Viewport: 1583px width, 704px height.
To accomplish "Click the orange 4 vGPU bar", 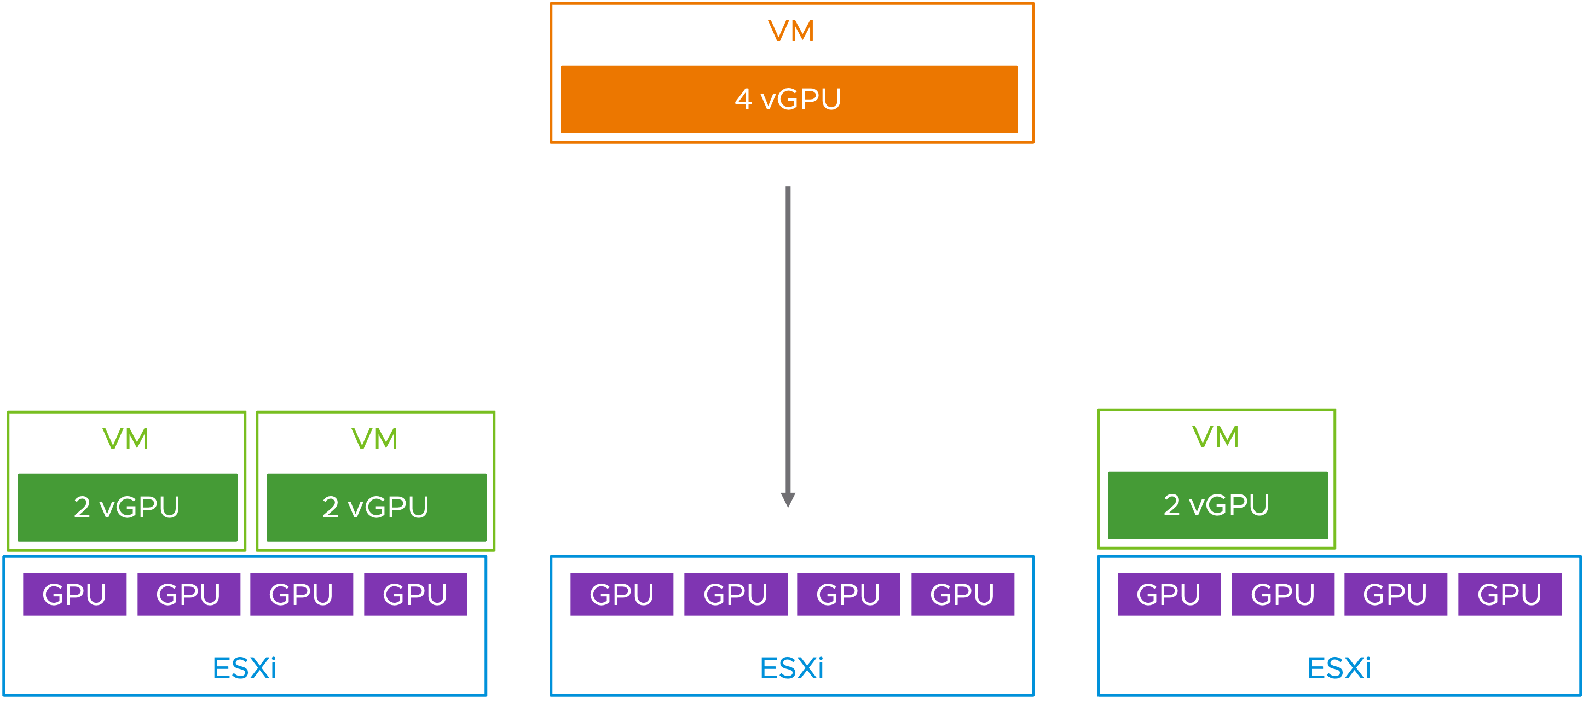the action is point(789,100).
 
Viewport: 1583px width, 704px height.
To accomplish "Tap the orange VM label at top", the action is point(792,31).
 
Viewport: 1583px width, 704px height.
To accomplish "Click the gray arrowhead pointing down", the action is point(788,499).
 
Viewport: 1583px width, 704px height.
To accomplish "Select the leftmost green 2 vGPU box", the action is point(127,508).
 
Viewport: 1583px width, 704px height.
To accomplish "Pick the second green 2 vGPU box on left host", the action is point(376,508).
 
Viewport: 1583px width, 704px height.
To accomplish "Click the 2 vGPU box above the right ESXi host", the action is point(1217,505).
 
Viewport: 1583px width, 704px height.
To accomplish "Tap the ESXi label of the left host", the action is point(245,668).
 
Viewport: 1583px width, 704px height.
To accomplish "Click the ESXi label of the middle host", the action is point(792,668).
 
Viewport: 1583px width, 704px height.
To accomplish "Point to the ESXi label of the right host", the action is point(1339,668).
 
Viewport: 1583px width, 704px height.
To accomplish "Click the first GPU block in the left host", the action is point(75,595).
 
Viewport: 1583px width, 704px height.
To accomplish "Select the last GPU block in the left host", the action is point(415,595).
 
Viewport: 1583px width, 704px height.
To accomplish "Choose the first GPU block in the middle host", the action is point(622,595).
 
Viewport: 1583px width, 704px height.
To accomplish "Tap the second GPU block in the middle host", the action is point(736,595).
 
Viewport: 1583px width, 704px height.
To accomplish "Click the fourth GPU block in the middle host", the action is point(963,595).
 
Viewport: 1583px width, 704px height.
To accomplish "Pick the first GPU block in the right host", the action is point(1169,595).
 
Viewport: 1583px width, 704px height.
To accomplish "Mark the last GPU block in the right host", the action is point(1510,595).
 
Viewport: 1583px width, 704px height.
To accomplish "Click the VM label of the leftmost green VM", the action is point(126,439).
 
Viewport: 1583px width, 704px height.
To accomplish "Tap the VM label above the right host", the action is point(1216,437).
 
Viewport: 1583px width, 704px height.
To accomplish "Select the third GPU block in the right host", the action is point(1396,595).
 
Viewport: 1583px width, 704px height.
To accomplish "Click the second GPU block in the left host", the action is point(189,595).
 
